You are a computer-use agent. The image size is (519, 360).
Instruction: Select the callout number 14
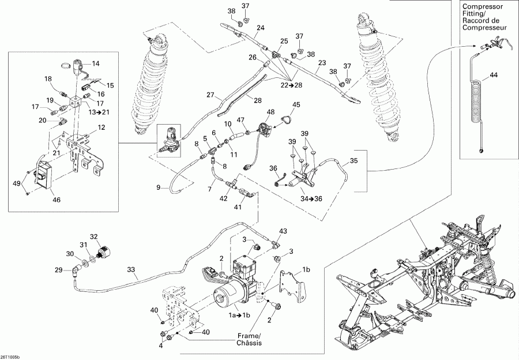pyautogui.click(x=96, y=63)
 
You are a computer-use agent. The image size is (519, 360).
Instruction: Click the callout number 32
pyautogui.click(x=94, y=236)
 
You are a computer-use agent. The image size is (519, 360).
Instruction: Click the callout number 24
pyautogui.click(x=261, y=28)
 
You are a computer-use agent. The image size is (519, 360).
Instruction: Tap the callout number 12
pyautogui.click(x=101, y=127)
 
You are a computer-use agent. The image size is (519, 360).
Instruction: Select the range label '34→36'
pyautogui.click(x=296, y=199)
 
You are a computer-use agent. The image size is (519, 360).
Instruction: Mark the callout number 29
pyautogui.click(x=58, y=270)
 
